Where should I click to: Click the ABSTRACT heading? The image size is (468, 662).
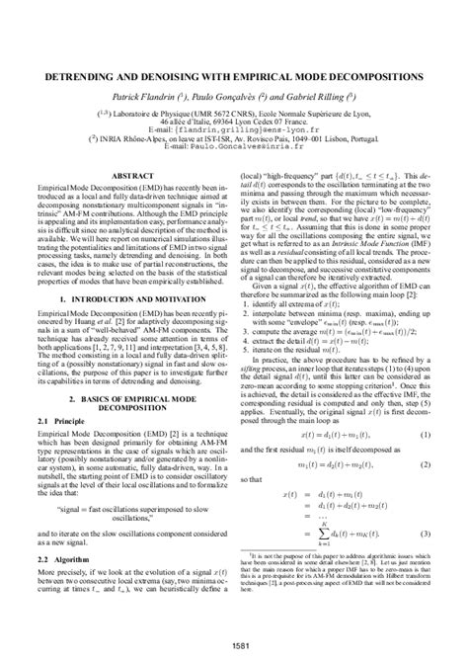point(131,175)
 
